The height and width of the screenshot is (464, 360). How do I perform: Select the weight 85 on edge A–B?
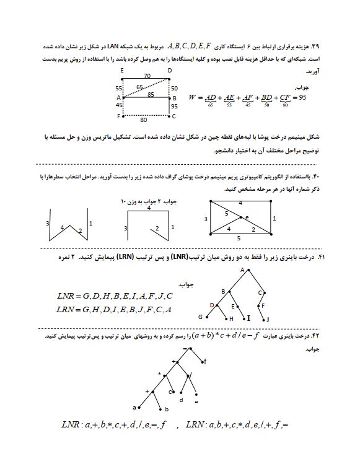(150, 95)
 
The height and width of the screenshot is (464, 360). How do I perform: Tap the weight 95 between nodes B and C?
(175, 107)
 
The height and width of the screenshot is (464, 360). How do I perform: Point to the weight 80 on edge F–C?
(143, 120)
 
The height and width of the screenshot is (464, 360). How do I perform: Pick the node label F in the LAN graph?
(119, 116)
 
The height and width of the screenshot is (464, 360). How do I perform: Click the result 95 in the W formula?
(302, 97)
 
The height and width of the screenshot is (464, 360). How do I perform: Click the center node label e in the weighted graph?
(247, 217)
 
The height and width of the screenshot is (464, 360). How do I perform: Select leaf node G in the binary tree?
(200, 317)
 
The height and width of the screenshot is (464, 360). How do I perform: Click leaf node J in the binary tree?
(268, 319)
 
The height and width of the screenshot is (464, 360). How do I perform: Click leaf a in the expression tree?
(134, 407)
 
